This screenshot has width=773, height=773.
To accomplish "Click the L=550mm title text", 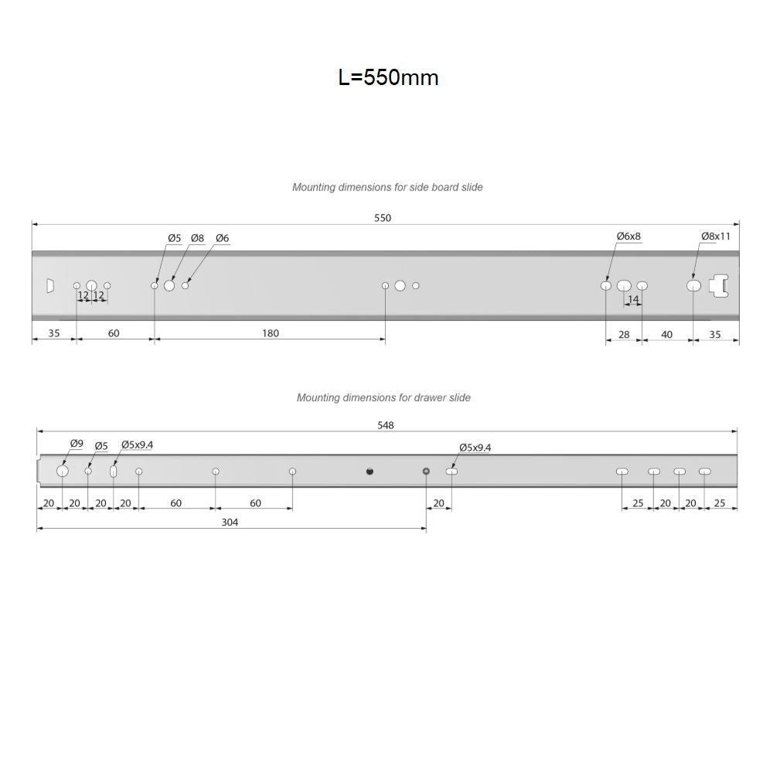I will coord(388,77).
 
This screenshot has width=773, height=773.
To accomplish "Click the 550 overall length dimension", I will coord(383,218).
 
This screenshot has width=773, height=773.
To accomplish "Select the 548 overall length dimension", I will coord(384,425).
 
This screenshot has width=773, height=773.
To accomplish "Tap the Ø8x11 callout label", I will coord(715,236).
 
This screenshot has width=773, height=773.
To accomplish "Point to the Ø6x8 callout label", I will coord(628,236).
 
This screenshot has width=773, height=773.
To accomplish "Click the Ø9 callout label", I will coord(77,444).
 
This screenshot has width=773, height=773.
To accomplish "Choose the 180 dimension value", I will coord(271,333).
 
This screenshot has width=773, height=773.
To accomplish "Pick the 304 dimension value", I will coord(230,523).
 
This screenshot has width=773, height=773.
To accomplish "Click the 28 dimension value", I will coord(624,334).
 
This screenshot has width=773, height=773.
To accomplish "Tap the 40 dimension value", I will coord(666,334).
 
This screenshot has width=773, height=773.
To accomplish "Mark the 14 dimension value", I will coord(633,299).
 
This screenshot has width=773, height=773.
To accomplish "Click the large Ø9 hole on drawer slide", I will coord(63,472).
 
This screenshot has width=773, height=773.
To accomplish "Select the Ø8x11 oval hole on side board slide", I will coord(693,286).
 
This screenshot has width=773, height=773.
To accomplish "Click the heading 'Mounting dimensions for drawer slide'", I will coord(383,397).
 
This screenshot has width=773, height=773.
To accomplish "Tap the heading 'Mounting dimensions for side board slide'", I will coord(387,187).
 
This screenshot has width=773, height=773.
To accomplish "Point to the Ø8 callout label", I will coord(197,238).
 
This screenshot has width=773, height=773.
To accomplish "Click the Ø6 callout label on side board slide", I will coord(222,238).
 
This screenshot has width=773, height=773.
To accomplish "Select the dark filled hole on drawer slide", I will coord(369,472).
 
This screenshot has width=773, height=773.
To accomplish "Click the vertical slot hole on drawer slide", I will coord(114,472).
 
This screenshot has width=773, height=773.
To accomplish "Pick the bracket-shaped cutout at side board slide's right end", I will coord(721,285).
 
